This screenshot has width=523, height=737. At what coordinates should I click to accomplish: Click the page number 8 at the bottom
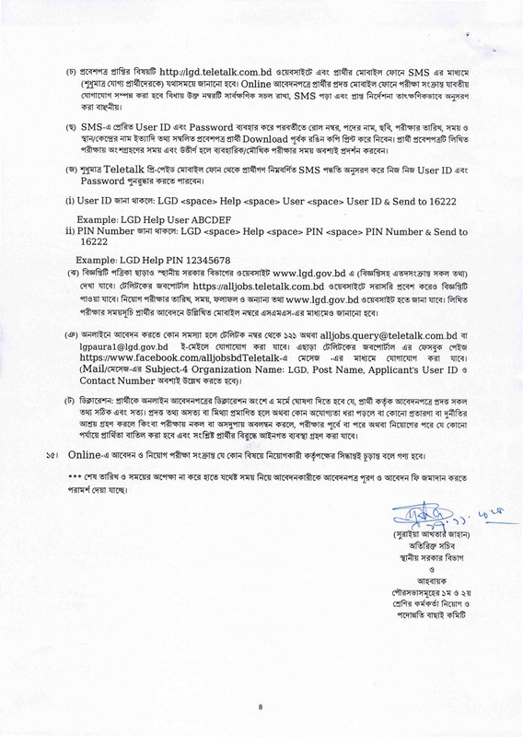261,707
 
